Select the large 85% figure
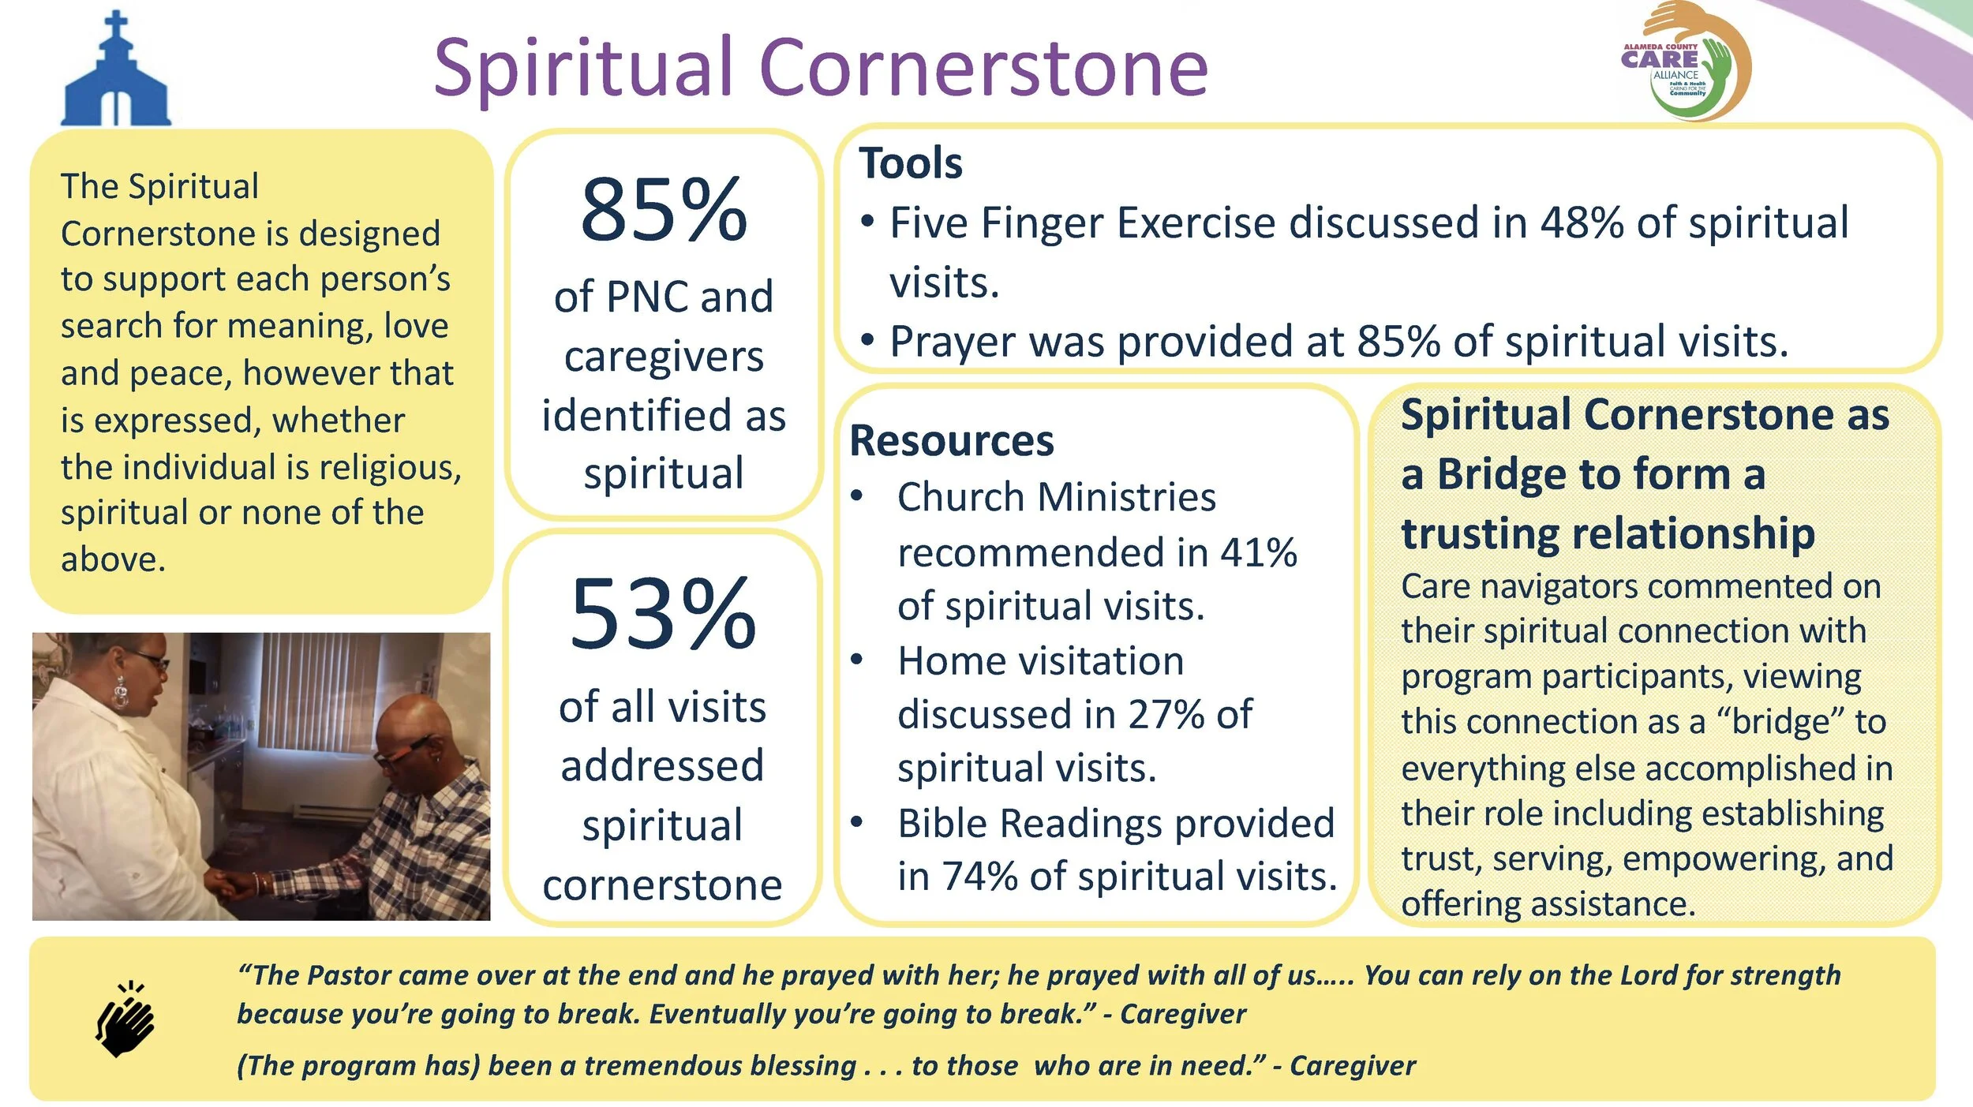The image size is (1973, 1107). coord(663,211)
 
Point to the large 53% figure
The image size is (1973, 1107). coord(663,614)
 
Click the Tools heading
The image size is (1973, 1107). coord(910,163)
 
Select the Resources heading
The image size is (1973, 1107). coord(951,440)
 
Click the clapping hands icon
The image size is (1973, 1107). coord(125,1019)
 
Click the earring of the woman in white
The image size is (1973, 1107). coord(120,692)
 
